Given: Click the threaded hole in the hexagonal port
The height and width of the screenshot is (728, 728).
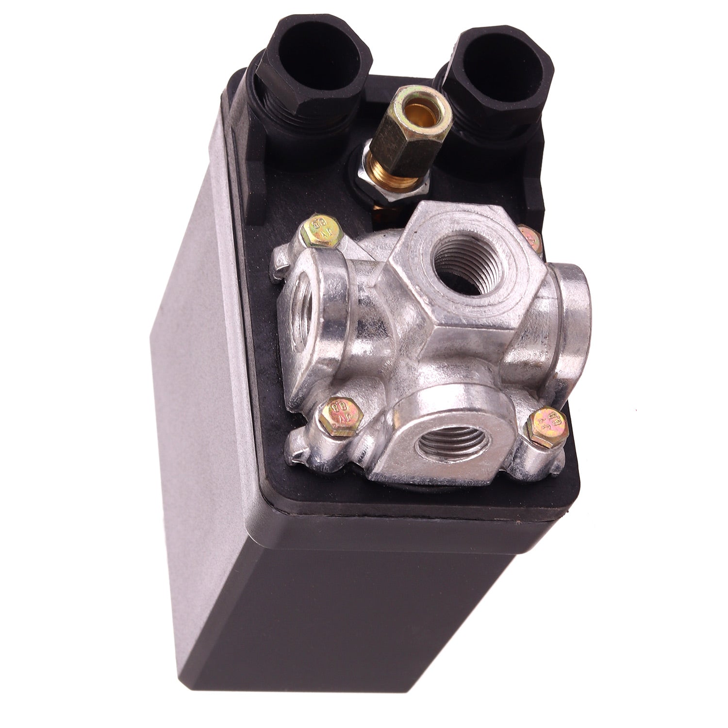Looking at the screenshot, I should [459, 267].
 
